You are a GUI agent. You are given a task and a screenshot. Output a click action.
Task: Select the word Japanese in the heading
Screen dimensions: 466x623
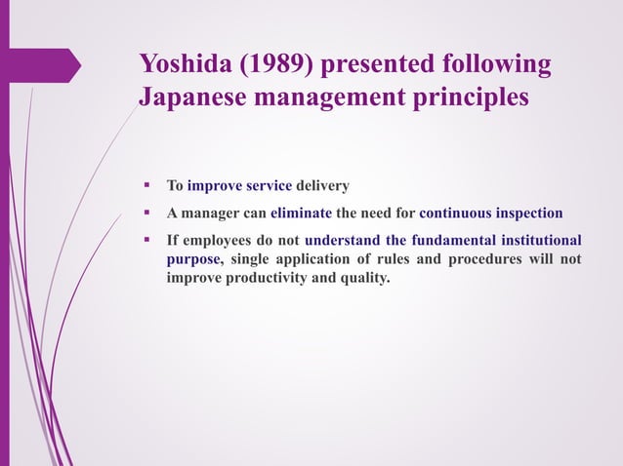(x=194, y=98)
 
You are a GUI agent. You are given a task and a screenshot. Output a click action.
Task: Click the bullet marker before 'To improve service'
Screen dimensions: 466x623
(x=145, y=185)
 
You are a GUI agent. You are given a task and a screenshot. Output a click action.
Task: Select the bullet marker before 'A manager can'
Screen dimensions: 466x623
(x=145, y=212)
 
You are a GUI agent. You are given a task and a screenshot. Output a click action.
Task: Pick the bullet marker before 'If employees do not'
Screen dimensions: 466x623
(x=145, y=239)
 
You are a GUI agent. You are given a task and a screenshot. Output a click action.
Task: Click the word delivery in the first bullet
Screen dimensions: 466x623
(x=322, y=185)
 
